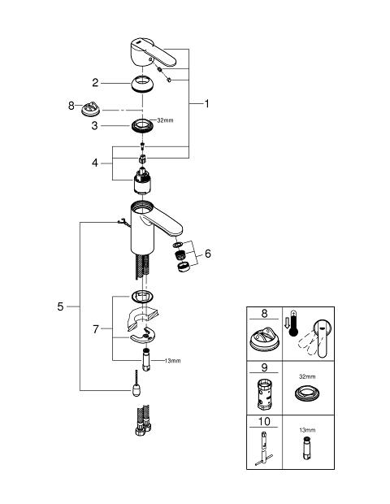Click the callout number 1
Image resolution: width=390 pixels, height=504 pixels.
(x=207, y=103)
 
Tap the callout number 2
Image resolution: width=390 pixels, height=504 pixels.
(x=95, y=83)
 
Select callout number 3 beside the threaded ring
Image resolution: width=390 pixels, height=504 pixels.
(x=94, y=125)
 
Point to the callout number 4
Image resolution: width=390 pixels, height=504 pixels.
(x=95, y=163)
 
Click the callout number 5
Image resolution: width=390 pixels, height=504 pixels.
(x=60, y=306)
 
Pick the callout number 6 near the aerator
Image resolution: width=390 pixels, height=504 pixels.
(x=208, y=254)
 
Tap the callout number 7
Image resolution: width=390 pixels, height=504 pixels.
(x=96, y=329)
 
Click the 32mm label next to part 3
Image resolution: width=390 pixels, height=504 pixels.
(x=165, y=120)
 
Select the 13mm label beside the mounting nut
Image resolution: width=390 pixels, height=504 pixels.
(x=172, y=361)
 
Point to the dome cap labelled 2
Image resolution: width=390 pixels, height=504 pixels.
(x=143, y=84)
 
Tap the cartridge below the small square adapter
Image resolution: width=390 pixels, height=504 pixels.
(x=142, y=181)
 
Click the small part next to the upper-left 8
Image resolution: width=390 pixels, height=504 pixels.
(x=90, y=109)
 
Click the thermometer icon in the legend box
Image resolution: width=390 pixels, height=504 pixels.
(x=293, y=324)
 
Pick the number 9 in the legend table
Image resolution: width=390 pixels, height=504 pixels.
(x=264, y=367)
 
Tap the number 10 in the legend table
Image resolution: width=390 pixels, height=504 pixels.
(x=264, y=421)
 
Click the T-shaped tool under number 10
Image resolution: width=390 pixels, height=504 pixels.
(x=264, y=449)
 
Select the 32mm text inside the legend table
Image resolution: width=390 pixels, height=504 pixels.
(x=307, y=376)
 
